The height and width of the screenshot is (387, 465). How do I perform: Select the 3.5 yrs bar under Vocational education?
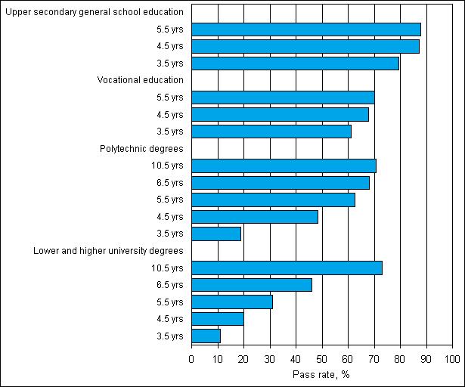(271, 132)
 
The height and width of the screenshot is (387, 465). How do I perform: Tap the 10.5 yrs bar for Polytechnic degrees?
(284, 166)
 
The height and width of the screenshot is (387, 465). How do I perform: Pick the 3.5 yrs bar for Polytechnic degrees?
(216, 234)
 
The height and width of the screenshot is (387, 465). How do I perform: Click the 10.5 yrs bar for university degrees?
(287, 268)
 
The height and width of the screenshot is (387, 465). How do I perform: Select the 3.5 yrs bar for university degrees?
(206, 336)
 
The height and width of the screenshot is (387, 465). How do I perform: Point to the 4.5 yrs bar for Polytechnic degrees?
(254, 217)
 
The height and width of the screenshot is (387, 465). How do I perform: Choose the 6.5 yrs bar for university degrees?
(251, 285)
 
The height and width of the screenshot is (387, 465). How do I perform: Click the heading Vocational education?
(141, 80)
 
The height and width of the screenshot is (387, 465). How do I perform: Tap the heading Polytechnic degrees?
(141, 149)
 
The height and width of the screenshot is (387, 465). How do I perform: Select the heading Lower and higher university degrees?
(108, 251)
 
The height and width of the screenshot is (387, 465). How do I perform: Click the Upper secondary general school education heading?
(93, 12)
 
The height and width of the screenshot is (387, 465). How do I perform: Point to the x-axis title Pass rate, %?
(321, 373)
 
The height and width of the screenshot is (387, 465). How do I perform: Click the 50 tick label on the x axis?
(322, 358)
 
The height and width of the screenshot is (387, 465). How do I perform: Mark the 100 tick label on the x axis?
(452, 358)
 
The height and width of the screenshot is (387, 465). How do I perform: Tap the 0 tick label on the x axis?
(191, 358)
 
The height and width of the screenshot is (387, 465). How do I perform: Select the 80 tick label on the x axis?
(401, 358)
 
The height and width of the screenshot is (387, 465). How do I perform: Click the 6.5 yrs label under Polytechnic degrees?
(170, 183)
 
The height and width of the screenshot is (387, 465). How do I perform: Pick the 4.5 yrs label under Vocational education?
(170, 115)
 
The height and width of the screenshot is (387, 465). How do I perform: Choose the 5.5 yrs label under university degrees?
(170, 302)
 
